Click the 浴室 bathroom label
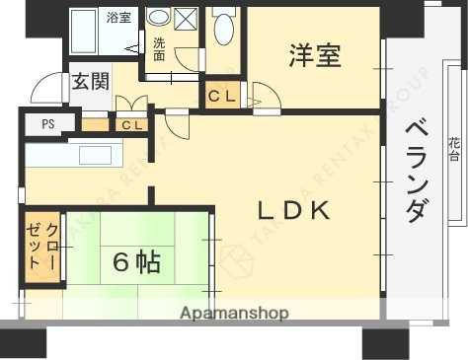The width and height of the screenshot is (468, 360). [x=119, y=18]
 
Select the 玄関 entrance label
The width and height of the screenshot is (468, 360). [x=90, y=83]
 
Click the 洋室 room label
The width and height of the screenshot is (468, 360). [x=315, y=56]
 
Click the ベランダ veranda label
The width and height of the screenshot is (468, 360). [x=418, y=170]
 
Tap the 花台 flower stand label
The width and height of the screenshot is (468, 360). [x=453, y=148]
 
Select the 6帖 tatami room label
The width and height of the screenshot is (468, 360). [x=136, y=262]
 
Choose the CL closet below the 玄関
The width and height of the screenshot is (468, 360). [x=132, y=125]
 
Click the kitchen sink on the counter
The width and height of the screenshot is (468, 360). [x=96, y=156]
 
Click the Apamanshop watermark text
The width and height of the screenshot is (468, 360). [x=234, y=314]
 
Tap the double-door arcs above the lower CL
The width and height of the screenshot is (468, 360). [x=131, y=104]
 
